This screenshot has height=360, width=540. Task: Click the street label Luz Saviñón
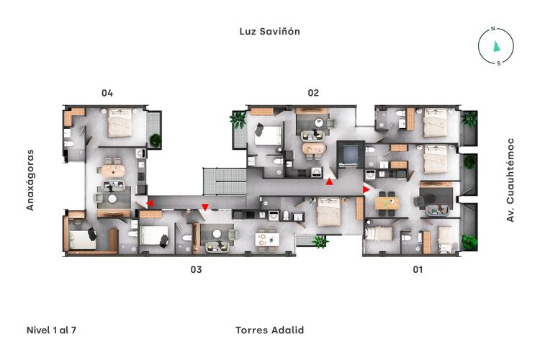click(269, 32)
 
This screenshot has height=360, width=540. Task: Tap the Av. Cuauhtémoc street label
click(510, 180)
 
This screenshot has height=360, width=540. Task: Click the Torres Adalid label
click(269, 330)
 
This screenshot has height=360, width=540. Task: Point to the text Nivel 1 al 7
click(51, 330)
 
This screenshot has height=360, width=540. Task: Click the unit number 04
click(107, 93)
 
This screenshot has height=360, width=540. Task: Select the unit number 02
click(313, 93)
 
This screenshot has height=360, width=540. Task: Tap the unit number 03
click(195, 270)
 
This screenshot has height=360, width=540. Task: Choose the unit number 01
click(417, 270)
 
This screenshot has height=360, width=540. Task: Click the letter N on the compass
click(493, 30)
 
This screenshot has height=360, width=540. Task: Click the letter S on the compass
click(498, 63)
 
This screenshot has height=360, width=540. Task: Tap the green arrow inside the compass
click(495, 46)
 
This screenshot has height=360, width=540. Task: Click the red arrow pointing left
click(150, 204)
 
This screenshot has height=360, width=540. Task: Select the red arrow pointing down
click(205, 208)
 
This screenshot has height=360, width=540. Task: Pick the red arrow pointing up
click(329, 182)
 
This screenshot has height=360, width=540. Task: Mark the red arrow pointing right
click(366, 189)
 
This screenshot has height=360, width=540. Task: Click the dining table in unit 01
click(387, 203)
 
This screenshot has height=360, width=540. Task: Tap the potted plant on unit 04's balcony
click(155, 139)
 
